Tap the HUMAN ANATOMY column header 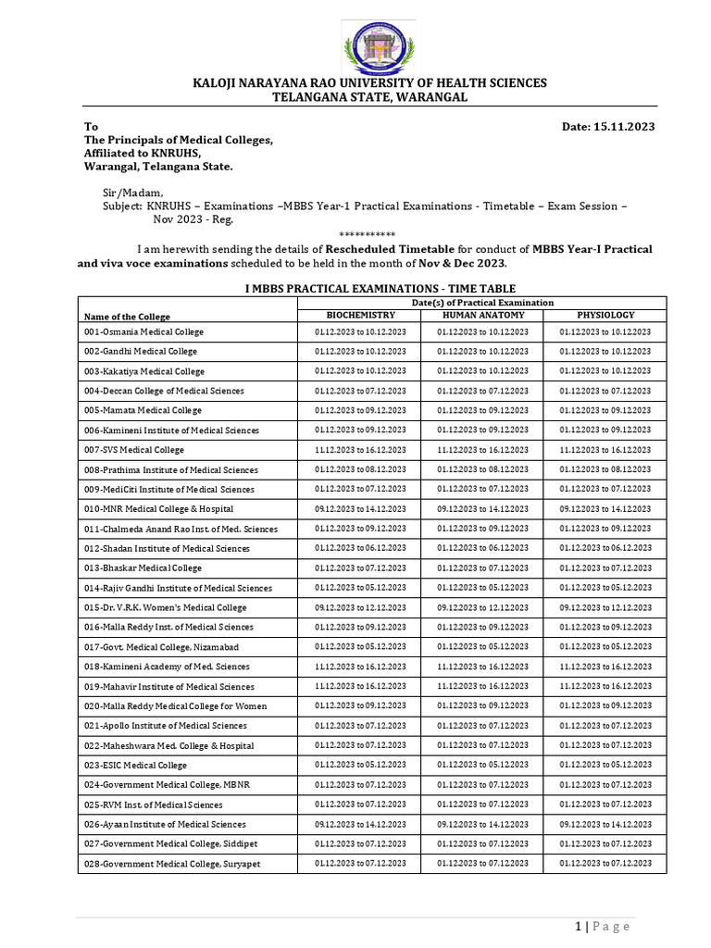click(482, 315)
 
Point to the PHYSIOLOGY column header click(605, 315)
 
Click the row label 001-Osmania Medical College click(143, 331)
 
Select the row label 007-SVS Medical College click(134, 450)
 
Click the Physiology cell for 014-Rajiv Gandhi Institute click(605, 588)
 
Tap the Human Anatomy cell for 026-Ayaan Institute click(482, 824)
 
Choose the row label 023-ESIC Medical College click(135, 766)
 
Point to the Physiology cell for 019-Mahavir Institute click(605, 686)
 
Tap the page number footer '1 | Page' click(603, 926)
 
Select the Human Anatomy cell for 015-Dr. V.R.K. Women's click(482, 607)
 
